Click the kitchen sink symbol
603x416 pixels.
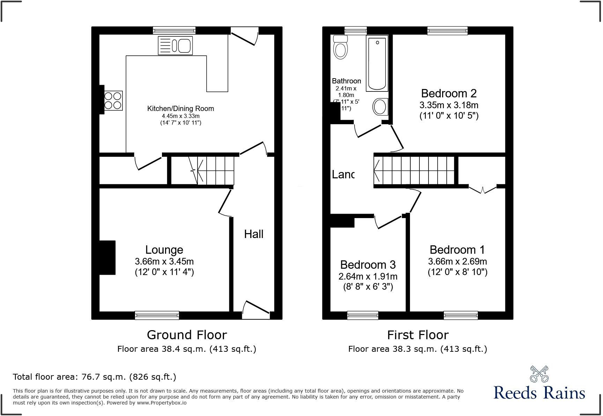click(x=175, y=45)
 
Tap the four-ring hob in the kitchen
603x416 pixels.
click(x=113, y=101)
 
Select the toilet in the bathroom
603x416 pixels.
click(x=340, y=47)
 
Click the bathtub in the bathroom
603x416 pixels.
click(x=377, y=64)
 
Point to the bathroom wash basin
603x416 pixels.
click(x=380, y=106)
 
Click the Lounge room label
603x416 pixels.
click(x=164, y=250)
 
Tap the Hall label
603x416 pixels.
click(x=254, y=234)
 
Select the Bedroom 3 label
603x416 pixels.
click(x=368, y=265)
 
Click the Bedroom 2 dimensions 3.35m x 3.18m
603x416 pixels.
click(x=449, y=105)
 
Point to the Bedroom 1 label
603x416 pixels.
click(x=457, y=250)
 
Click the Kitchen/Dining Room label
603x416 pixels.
click(x=180, y=109)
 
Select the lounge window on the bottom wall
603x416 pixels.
click(x=157, y=315)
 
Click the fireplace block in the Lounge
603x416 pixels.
click(x=107, y=258)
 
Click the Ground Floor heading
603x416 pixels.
click(x=187, y=335)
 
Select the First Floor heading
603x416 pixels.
click(x=417, y=335)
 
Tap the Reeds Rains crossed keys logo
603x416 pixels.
click(x=539, y=374)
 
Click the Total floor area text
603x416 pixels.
click(x=94, y=377)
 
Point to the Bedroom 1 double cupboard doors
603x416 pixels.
click(x=483, y=190)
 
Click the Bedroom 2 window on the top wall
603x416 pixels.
click(x=447, y=31)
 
